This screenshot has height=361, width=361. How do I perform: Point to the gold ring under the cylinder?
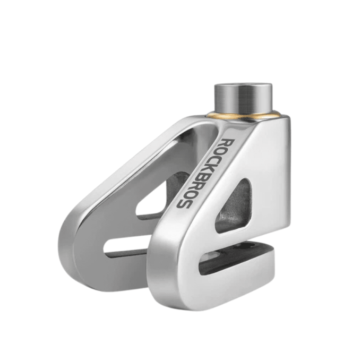(244, 116)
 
